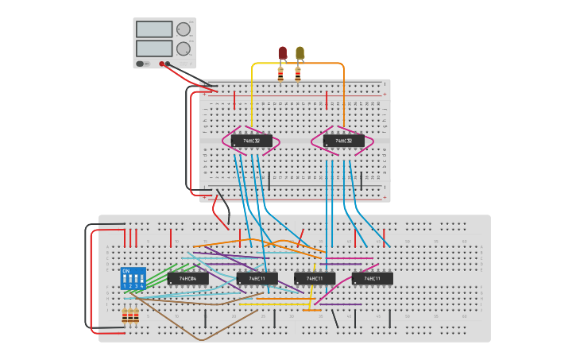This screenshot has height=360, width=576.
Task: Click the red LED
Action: tap(282, 52)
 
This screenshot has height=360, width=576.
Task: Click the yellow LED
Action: tap(300, 52)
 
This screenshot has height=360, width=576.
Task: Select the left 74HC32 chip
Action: tap(251, 141)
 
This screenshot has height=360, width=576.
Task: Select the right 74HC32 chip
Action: tap(344, 141)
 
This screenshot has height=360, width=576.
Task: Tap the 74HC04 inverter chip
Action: tap(187, 278)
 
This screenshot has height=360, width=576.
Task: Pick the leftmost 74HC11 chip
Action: tap(257, 278)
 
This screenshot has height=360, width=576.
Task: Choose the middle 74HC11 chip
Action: tap(315, 278)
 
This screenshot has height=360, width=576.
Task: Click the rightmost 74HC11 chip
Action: tap(372, 278)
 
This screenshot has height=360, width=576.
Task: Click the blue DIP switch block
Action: tap(133, 278)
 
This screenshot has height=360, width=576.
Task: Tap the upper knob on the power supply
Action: tap(184, 29)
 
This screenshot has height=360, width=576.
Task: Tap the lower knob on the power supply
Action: tap(184, 48)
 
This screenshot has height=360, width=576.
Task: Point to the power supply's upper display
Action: tap(154, 29)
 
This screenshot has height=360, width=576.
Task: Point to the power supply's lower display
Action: tap(154, 48)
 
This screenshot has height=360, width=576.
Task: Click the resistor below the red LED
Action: tap(280, 73)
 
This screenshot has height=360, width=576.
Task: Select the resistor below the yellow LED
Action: tap(298, 73)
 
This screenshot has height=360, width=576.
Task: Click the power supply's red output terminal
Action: tap(161, 64)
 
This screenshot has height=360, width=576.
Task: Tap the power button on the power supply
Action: tap(141, 64)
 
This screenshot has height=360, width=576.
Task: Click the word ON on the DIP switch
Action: tap(126, 271)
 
